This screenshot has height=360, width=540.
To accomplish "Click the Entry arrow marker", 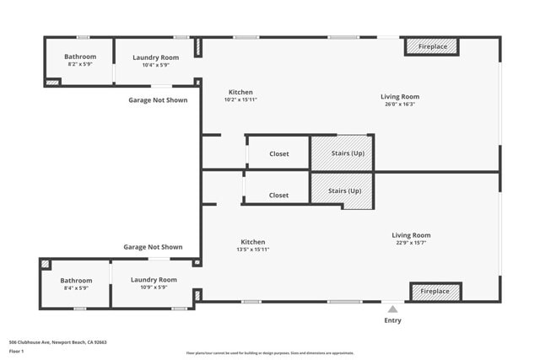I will (x=392, y=309).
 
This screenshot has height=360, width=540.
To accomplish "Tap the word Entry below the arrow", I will (x=393, y=320).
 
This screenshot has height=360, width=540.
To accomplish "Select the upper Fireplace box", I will (x=433, y=46).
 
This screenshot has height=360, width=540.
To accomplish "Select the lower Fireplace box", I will (x=435, y=291).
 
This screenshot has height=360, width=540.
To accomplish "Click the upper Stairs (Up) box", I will (x=343, y=153).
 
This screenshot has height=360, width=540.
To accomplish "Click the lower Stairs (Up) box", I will (x=343, y=191).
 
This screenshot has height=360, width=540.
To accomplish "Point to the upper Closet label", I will (x=278, y=154).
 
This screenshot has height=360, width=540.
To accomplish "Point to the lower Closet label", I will (x=278, y=195).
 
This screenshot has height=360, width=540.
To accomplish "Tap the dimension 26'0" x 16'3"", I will (x=399, y=105).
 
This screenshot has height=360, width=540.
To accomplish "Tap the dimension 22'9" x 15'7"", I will (x=411, y=243).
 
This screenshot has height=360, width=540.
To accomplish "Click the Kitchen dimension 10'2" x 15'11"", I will (x=240, y=99).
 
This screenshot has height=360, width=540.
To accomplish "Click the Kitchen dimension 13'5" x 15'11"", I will (x=252, y=250).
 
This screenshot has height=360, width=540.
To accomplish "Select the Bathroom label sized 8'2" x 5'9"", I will (x=80, y=56).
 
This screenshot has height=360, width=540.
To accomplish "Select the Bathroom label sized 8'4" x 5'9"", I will (x=76, y=280).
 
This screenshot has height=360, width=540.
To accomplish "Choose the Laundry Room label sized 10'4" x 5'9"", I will (x=155, y=57).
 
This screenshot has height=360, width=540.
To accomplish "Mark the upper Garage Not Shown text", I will (x=158, y=99).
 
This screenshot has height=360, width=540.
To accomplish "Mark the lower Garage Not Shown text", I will (x=153, y=247).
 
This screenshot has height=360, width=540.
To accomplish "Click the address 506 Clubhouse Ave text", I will (x=57, y=342).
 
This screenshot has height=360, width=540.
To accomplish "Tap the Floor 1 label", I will (x=16, y=351).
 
